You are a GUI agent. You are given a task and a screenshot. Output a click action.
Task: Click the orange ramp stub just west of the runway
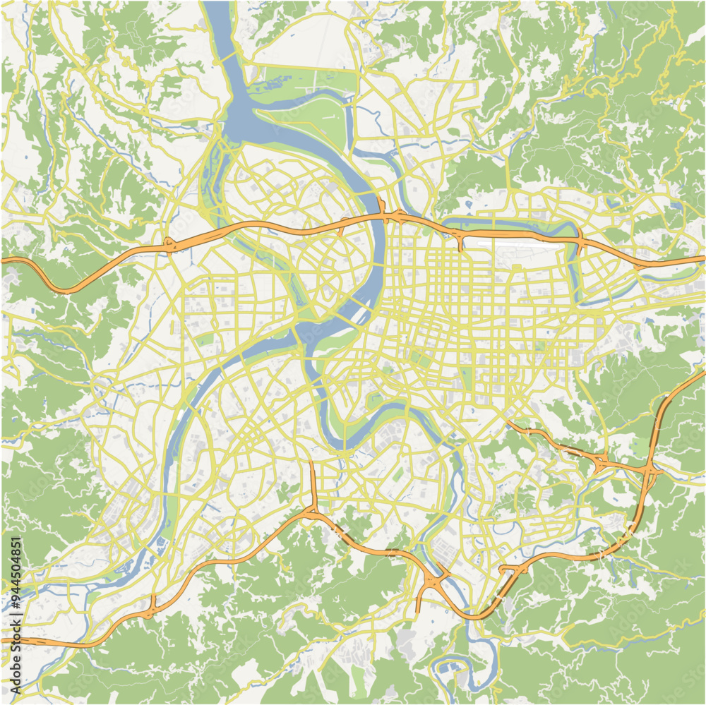tap(460, 243)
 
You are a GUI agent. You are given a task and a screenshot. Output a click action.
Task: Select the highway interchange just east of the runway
tap(580, 242)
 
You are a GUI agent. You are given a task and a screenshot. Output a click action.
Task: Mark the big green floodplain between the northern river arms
tap(311, 113)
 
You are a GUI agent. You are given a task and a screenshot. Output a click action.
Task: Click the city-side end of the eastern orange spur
tap(508, 423)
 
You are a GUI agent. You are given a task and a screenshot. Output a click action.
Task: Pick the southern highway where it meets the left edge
tap(3, 640)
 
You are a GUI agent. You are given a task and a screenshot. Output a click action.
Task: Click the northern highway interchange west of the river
tap(169, 244)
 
